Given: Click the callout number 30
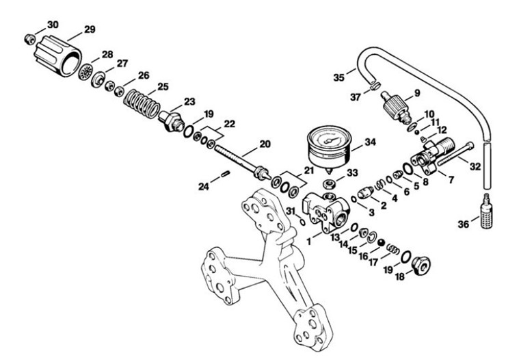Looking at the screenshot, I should click(x=53, y=25).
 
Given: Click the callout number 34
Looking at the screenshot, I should click(x=371, y=142).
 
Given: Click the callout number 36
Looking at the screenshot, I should click(x=464, y=224).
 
